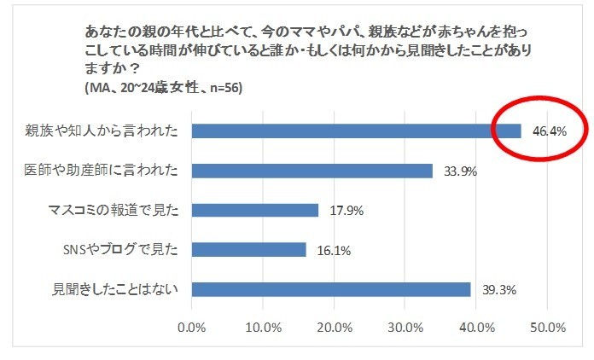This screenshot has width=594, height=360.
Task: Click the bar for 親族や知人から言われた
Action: pos(356,131)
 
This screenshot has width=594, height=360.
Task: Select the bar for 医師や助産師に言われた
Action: pos(312,171)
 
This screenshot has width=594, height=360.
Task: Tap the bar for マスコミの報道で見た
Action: pos(254,210)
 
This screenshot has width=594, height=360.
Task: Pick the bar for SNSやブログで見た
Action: pos(248,249)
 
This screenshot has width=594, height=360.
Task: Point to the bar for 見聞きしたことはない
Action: pos(331,289)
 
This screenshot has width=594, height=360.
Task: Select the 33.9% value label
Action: pos(460,171)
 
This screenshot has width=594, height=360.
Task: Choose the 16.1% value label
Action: pos(334,250)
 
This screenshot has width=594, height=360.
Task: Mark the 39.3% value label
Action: pos(498,290)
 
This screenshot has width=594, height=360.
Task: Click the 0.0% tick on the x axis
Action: pos(192,327)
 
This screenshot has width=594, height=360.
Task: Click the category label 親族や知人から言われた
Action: pos(102,131)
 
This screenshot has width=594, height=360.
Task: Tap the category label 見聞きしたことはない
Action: pos(111,289)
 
